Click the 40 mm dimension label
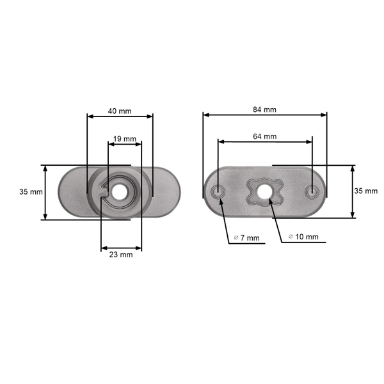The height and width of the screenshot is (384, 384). click(120, 111)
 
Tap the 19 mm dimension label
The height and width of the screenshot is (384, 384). click(125, 139)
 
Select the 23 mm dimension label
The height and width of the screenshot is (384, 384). click(122, 255)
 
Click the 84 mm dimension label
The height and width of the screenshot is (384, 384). click(264, 109)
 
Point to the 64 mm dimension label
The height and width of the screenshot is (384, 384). click(264, 136)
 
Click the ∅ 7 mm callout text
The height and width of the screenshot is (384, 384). click(246, 238)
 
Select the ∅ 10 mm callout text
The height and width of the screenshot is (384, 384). click(303, 237)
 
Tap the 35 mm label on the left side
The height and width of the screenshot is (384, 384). click(31, 191)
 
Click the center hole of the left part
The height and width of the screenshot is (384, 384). click(120, 192)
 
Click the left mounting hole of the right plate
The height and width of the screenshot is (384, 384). click(218, 191)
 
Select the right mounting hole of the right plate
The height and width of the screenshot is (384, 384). click(312, 191)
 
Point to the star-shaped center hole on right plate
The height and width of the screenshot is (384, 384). click(265, 191)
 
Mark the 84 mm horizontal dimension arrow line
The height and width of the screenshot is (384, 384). click(264, 116)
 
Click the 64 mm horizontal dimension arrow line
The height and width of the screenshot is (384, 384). click(264, 143)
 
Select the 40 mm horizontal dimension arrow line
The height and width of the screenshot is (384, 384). click(120, 116)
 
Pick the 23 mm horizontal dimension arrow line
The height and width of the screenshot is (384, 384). click(122, 248)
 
